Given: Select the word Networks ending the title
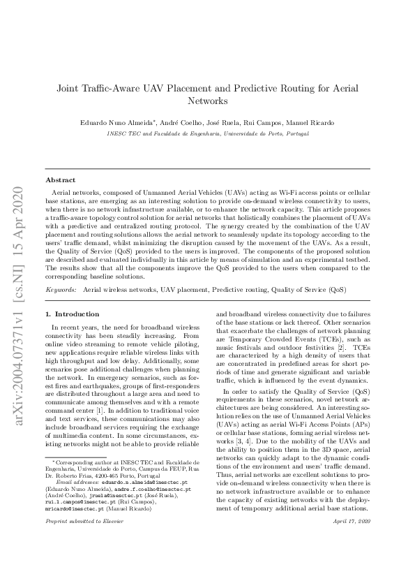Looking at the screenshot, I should (208, 101).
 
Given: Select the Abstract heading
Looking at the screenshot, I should (60, 180).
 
